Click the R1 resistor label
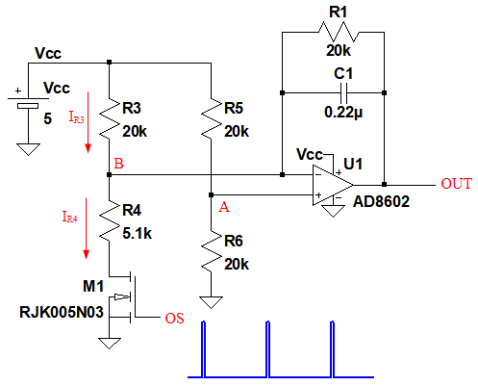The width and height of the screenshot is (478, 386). [339, 13]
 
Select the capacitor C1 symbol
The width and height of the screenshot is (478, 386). [344, 93]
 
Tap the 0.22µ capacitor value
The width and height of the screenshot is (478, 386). [343, 112]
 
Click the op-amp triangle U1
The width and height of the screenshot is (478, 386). [333, 185]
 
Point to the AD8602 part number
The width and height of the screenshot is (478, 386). [381, 201]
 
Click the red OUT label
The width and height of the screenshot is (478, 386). [456, 184]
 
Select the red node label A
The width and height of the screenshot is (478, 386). [224, 207]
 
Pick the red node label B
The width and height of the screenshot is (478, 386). [118, 164]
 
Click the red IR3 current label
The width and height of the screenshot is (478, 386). [76, 116]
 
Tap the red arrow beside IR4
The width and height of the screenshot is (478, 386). [86, 228]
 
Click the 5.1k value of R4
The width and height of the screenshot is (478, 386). [138, 233]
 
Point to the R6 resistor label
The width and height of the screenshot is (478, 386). [234, 241]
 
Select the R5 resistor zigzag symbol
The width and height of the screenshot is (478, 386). [212, 118]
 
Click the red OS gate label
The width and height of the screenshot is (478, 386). [174, 319]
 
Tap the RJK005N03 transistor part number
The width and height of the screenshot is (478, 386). [62, 312]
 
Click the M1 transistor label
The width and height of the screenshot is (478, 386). [93, 286]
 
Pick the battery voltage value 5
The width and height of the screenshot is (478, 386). [47, 119]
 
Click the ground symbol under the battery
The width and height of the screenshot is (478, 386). [28, 149]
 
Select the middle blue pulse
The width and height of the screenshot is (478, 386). [267, 349]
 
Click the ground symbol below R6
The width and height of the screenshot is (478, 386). [211, 302]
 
